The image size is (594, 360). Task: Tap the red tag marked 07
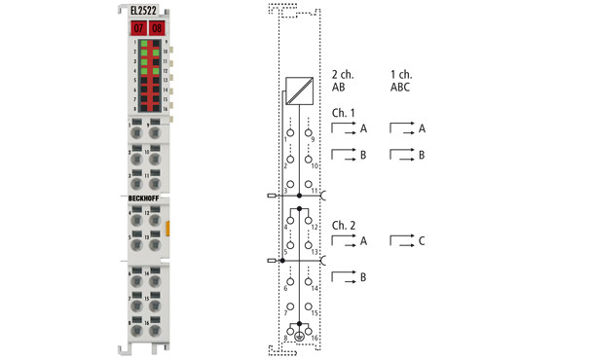138,28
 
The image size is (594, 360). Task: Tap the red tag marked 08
157,28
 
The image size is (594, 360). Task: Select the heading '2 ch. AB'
344,80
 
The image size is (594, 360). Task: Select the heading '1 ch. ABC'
401,80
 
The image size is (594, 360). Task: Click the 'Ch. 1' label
343,112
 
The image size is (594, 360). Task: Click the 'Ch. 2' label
343,225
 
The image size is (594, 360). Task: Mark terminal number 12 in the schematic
314,226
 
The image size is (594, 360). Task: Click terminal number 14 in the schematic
314,288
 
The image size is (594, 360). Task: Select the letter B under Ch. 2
363,278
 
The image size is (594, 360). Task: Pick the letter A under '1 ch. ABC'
422,128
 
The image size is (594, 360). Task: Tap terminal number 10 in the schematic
314,165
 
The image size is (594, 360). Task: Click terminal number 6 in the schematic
287,288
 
